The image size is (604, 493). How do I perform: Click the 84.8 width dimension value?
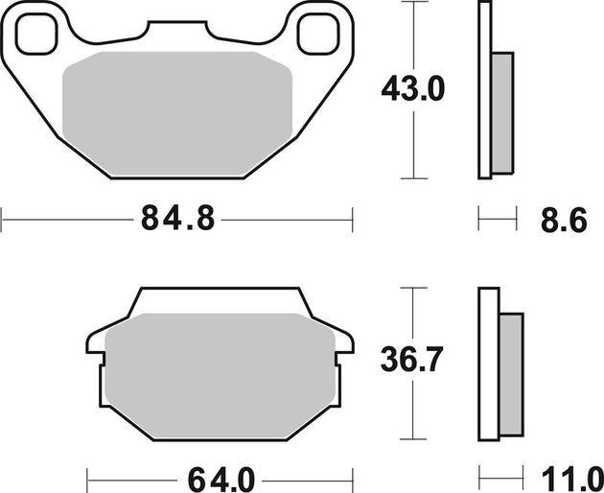point(176,220)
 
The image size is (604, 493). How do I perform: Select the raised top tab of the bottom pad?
point(220,299)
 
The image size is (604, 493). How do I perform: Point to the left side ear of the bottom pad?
point(97,342)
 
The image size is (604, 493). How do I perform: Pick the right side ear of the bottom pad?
point(343,342)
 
